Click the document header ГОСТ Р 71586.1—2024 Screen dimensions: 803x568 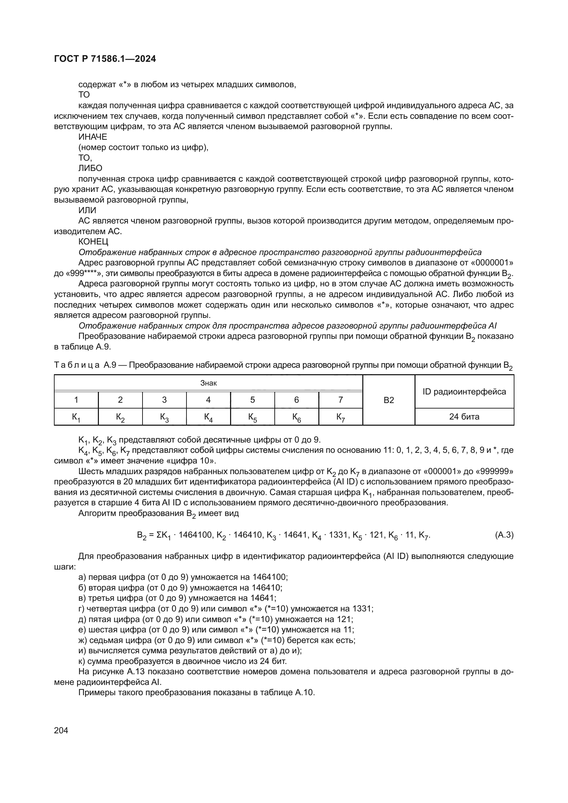pos(105,59)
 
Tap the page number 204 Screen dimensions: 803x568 pos(61,730)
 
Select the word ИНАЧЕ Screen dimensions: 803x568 pos(93,137)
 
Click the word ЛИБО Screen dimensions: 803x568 pos(90,168)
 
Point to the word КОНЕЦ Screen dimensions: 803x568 pos(93,242)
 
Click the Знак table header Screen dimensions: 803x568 pos(208,383)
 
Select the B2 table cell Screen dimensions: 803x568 pos(389,400)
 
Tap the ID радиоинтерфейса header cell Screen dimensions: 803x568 pos(464,392)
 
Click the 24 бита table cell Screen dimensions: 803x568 pos(464,417)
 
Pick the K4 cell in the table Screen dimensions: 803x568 pos(208,417)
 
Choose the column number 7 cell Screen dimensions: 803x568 pos(341,400)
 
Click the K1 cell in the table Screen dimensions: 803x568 pos(76,417)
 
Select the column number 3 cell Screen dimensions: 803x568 pos(164,400)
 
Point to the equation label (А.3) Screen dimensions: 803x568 pos(504,535)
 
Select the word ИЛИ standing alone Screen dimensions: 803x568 pos(87,210)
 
